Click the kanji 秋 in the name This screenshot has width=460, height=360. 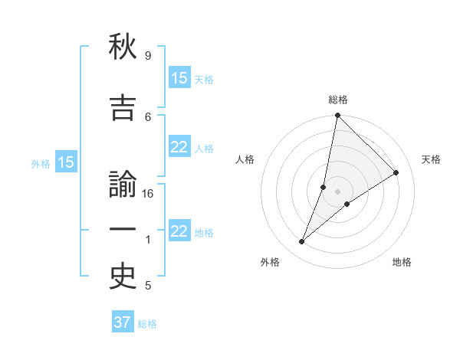click(x=123, y=47)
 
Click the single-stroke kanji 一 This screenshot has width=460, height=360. click(x=123, y=230)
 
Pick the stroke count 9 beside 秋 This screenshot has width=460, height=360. click(x=147, y=56)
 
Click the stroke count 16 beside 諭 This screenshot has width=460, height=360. click(x=149, y=194)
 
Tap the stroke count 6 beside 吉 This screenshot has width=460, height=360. click(x=148, y=116)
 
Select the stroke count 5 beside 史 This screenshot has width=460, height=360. click(x=147, y=286)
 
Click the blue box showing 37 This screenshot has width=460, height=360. click(x=123, y=322)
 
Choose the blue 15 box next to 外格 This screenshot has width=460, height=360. click(x=65, y=162)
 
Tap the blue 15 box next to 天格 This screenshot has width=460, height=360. click(x=179, y=78)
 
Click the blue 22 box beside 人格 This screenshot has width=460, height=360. click(x=179, y=148)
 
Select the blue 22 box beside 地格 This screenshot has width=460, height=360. click(x=179, y=231)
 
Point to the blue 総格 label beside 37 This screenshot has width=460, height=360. click(x=147, y=324)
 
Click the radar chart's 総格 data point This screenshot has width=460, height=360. click(x=337, y=115)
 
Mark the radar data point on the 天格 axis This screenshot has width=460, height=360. click(x=396, y=172)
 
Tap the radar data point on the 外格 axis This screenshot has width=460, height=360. click(x=301, y=242)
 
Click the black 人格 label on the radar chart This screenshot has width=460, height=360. click(x=245, y=159)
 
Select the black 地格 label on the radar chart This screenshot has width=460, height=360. click(x=402, y=262)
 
